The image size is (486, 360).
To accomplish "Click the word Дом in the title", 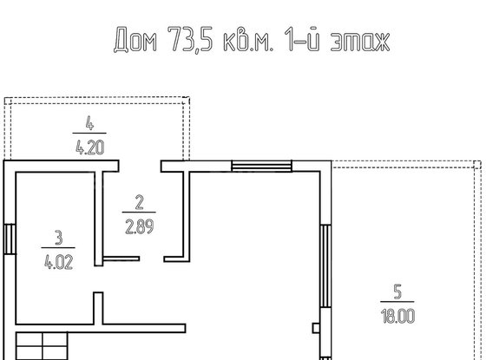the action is pos(135,39).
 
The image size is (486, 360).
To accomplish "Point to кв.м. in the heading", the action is pos(248,40).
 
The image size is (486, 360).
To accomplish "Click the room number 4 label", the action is pos(89,123).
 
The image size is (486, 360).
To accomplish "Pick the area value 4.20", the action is pos(89,147).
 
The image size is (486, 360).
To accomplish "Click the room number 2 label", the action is pos(139,202).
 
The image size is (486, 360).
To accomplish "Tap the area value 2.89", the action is pos(139,226).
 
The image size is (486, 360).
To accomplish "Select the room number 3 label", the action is pos(59,238).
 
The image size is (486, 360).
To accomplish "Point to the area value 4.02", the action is pos(59,262).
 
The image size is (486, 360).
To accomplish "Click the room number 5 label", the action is pos(397,291).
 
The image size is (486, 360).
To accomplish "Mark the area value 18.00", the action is pos(397,316).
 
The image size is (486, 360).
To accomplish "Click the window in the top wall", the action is pos(261,166).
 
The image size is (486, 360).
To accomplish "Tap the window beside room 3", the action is pos(10,239).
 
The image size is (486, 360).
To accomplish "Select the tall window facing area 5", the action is pos(325,266).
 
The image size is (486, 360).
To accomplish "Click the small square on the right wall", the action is pos(316,328).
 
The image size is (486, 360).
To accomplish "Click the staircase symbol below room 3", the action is pos(42,346).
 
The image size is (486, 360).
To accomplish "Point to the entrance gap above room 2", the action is pos(140,166).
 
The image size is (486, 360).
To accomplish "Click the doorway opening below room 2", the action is pos(152,259).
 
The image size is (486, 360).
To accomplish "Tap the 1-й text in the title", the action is pos(302,38).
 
